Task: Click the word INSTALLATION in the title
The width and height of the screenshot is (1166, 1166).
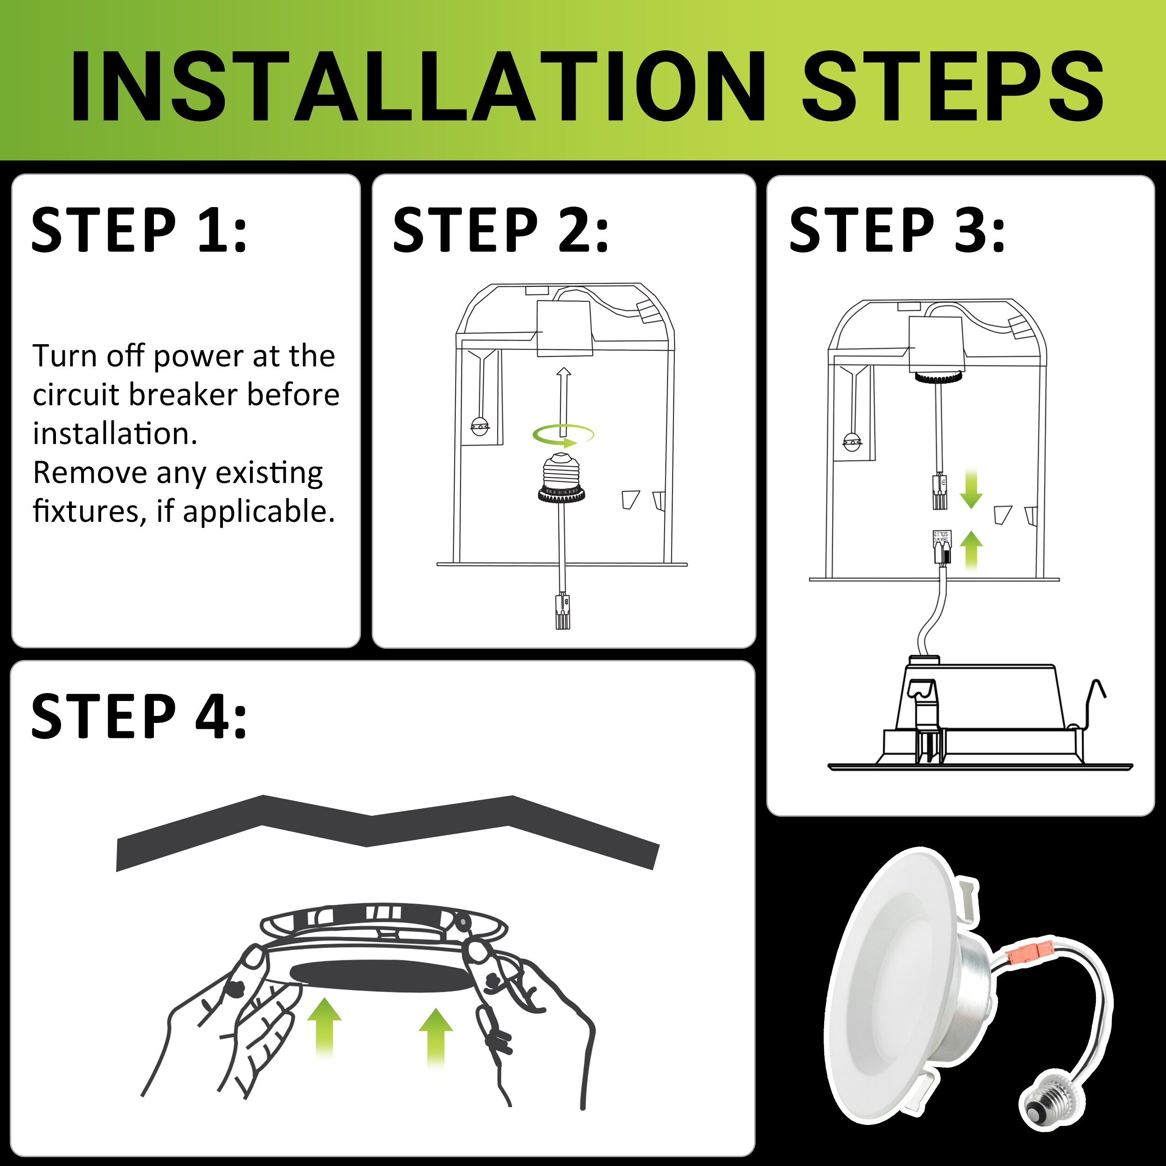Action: [x=416, y=86]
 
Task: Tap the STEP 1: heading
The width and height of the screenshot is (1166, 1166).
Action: [x=139, y=230]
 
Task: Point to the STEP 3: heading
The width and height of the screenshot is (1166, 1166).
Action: [x=897, y=230]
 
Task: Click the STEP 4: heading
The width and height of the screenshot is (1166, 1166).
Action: [x=139, y=716]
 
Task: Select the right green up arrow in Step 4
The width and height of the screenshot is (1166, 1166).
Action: [x=436, y=1038]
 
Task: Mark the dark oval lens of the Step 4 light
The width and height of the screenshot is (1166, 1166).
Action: [x=380, y=975]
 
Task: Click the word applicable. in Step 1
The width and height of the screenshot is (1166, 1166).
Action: [x=259, y=512]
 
